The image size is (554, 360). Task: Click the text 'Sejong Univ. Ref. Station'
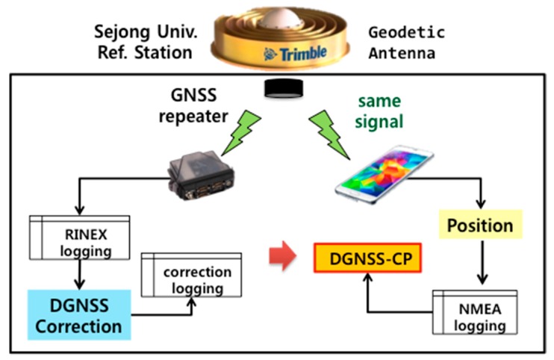144,43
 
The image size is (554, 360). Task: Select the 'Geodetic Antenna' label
407,43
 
